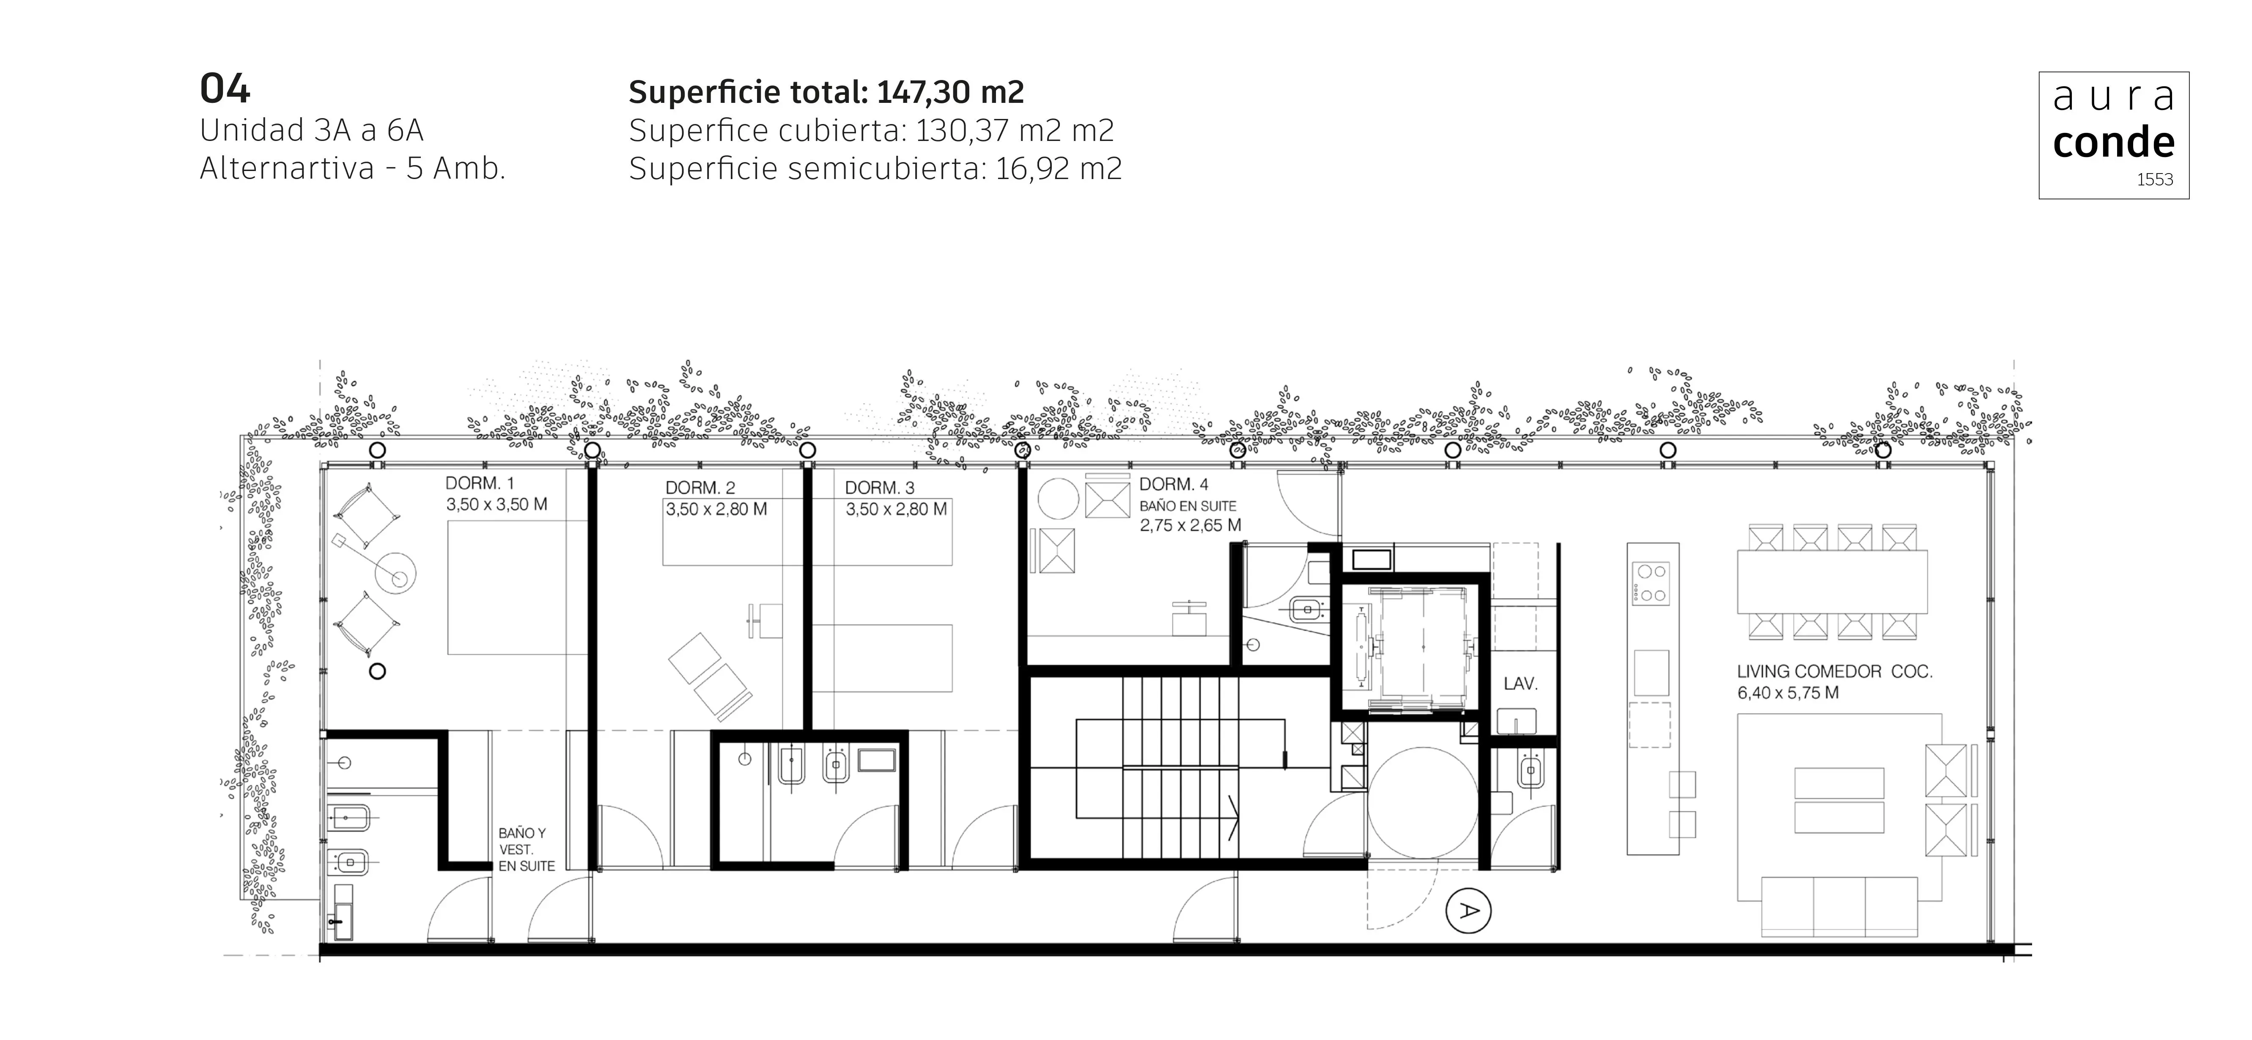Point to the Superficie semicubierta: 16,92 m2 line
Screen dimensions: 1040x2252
(874, 168)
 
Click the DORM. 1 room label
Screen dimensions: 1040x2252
(480, 483)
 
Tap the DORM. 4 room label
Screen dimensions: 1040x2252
(1173, 484)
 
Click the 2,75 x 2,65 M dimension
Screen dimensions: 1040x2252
(1190, 526)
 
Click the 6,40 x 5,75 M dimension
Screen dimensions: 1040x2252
(1788, 693)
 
